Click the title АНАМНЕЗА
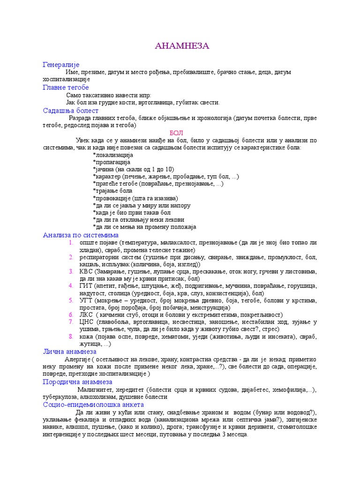coord(182,46)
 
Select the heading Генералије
coord(61,64)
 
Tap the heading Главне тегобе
coord(66,88)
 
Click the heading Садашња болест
coord(70,111)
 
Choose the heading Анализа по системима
coord(81,235)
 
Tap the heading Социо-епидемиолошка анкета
coord(93,404)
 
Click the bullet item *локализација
coord(113,155)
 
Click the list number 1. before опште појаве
coord(71,243)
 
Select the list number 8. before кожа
coord(71,337)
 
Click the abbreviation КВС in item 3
coord(86,271)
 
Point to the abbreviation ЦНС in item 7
coord(87,322)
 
